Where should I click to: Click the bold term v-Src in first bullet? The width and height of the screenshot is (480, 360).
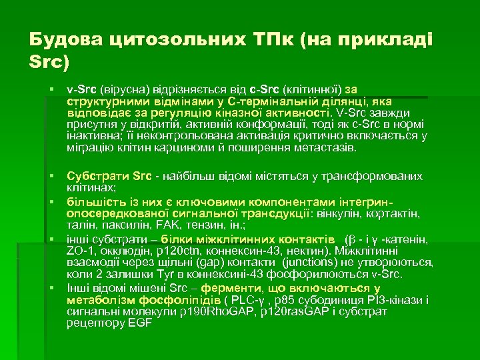pyautogui.click(x=81, y=88)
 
